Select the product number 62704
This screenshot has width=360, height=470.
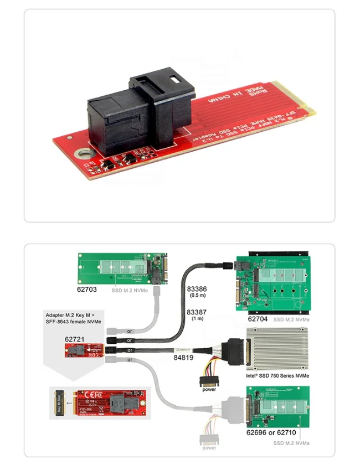(258, 319)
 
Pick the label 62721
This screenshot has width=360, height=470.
(75, 338)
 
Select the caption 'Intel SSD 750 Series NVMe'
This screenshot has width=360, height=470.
(277, 376)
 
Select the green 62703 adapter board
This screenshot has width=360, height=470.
(121, 268)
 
